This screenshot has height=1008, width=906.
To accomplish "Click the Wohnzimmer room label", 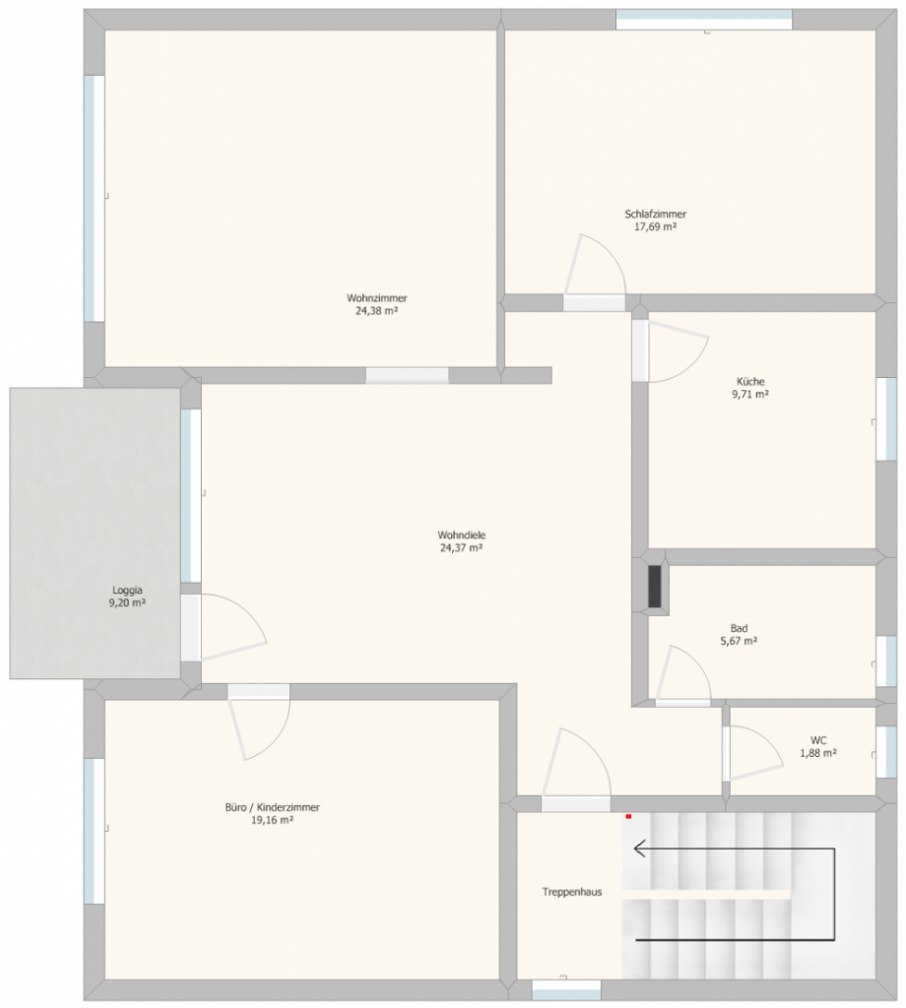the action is click(x=377, y=298).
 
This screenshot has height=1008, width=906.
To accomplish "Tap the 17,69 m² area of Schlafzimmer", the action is click(x=655, y=227).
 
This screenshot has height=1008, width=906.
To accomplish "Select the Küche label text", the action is click(x=750, y=381).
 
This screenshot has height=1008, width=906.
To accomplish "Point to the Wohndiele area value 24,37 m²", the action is click(x=462, y=547).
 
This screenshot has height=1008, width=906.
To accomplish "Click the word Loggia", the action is click(x=127, y=591).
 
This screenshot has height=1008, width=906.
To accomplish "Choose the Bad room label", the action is click(x=739, y=628).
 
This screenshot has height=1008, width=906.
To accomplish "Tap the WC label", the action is click(x=818, y=740).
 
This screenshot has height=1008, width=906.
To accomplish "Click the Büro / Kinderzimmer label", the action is click(x=273, y=807).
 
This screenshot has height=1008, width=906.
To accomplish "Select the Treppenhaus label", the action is click(x=572, y=892).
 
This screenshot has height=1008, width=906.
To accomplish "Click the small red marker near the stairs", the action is click(x=628, y=816).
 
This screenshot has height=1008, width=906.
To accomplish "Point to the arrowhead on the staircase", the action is click(x=640, y=849).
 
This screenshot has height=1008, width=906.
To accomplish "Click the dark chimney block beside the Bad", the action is click(x=655, y=586).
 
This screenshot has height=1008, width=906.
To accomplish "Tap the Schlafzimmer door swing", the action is click(x=595, y=264).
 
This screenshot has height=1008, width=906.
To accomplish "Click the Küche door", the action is click(x=679, y=350).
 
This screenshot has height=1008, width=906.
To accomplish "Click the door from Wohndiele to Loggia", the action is click(x=233, y=627).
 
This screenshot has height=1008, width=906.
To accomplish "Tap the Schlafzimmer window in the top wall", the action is click(x=704, y=20).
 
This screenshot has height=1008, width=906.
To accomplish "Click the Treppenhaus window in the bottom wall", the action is click(x=566, y=989).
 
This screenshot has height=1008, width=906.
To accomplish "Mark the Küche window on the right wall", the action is click(x=886, y=419).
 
